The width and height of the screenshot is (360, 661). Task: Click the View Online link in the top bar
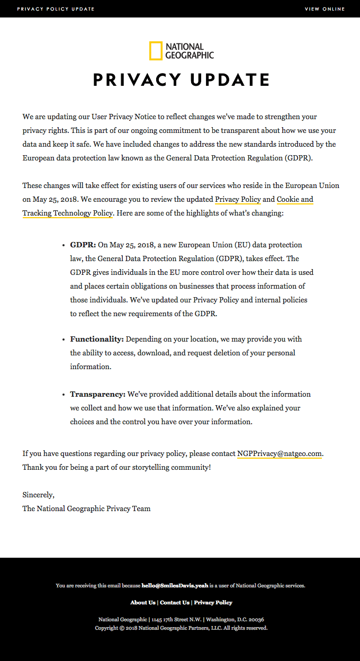point(325,9)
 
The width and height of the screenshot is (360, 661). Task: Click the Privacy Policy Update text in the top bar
point(56,9)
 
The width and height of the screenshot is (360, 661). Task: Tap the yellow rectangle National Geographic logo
point(156,51)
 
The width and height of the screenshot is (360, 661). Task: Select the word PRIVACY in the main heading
point(137,80)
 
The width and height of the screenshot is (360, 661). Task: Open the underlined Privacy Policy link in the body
point(238,200)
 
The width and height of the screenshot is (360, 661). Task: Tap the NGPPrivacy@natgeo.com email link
point(280,454)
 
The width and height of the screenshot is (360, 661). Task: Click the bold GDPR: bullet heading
point(83,245)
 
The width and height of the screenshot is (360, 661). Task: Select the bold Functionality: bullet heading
point(97,339)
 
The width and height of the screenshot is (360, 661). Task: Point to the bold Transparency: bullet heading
point(98,395)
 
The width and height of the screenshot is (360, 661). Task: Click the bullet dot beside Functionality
point(65,339)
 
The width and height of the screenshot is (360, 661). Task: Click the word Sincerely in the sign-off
point(38,495)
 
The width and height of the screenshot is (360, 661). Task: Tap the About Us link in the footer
point(143,603)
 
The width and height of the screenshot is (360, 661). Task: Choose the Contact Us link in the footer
point(175,603)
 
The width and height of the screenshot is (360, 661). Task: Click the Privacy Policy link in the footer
point(213,603)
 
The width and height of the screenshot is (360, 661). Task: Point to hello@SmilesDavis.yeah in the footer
point(175,586)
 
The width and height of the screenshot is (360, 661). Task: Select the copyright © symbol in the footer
point(122,628)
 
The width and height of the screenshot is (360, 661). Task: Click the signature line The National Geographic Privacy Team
point(86,508)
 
